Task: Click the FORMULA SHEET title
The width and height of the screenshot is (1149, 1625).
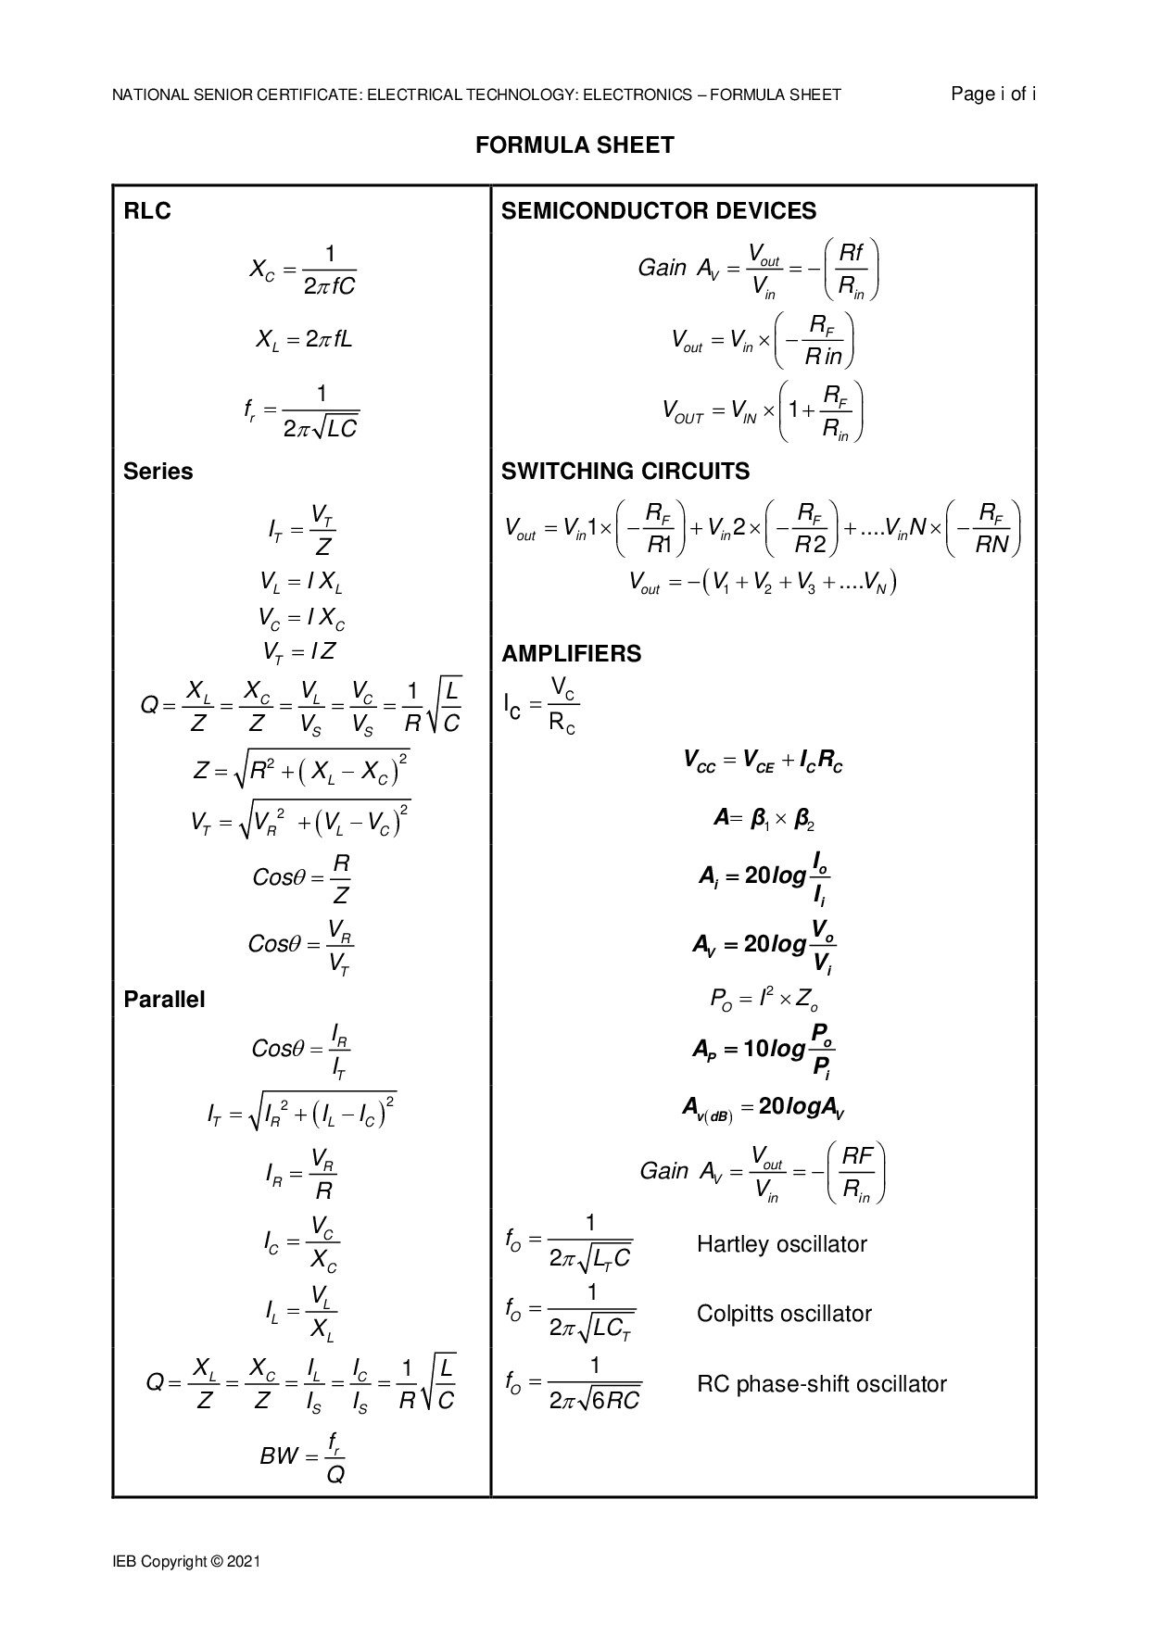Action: pyautogui.click(x=574, y=145)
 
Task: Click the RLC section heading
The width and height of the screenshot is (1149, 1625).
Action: pyautogui.click(x=147, y=211)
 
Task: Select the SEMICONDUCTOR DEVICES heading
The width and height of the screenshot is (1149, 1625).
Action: pyautogui.click(x=659, y=211)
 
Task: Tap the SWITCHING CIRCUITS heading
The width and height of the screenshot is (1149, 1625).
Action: pyautogui.click(x=625, y=472)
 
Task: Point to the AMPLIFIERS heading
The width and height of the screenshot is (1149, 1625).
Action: pyautogui.click(x=571, y=654)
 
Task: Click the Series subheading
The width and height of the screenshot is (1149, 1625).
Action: pyautogui.click(x=158, y=472)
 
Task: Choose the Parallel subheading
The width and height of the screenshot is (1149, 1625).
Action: pyautogui.click(x=164, y=1000)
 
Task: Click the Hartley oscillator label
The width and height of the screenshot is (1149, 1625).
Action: pyautogui.click(x=781, y=1243)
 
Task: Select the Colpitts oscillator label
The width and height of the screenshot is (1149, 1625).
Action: pyautogui.click(x=784, y=1314)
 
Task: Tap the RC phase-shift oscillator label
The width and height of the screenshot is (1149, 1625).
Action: pyautogui.click(x=821, y=1384)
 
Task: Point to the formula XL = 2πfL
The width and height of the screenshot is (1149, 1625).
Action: pyautogui.click(x=304, y=340)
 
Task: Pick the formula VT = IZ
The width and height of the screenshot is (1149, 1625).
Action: pyautogui.click(x=299, y=652)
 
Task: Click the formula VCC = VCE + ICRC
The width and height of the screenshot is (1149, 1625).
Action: pyautogui.click(x=763, y=762)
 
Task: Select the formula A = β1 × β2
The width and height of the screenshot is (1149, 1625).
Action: pyautogui.click(x=763, y=819)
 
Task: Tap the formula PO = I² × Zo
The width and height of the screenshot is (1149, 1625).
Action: pyautogui.click(x=763, y=1000)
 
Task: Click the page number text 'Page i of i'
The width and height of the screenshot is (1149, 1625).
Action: pyautogui.click(x=993, y=94)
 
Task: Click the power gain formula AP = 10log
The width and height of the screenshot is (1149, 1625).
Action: pyautogui.click(x=763, y=1049)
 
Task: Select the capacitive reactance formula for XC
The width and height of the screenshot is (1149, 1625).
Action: pyautogui.click(x=302, y=271)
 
